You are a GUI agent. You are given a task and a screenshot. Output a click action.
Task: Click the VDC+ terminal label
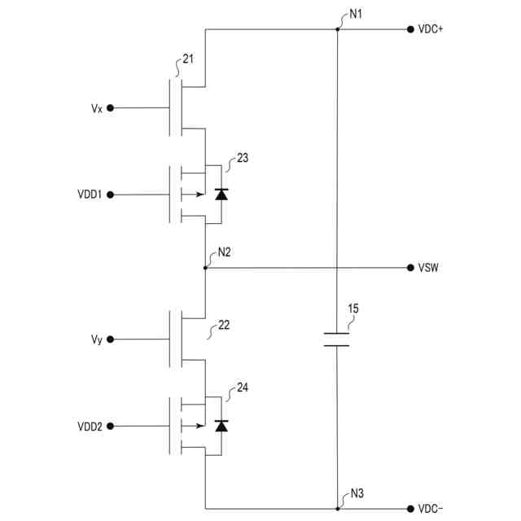point(431,29)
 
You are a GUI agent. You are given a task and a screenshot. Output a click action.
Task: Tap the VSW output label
point(430,268)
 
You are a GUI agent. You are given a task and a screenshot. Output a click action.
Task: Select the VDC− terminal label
point(431,509)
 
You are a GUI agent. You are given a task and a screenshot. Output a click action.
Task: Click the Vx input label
point(97,107)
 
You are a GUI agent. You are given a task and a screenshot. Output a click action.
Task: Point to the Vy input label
point(97,339)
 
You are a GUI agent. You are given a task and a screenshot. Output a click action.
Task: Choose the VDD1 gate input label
point(90,195)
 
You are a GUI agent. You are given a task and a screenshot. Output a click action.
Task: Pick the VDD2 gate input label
point(90,426)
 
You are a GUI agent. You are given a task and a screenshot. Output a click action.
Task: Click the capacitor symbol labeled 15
point(336,339)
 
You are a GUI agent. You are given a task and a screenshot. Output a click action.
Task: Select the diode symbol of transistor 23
point(221,195)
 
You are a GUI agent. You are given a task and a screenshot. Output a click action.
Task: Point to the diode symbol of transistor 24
point(221,426)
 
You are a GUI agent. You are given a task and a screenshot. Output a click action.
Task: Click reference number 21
point(189,59)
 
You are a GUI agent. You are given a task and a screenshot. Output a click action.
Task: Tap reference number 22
point(224,325)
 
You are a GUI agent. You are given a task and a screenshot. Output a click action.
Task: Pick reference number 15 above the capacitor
point(352,309)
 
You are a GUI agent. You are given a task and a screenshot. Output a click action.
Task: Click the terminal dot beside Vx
point(111,107)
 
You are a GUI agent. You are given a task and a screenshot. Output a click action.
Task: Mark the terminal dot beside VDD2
point(111,426)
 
